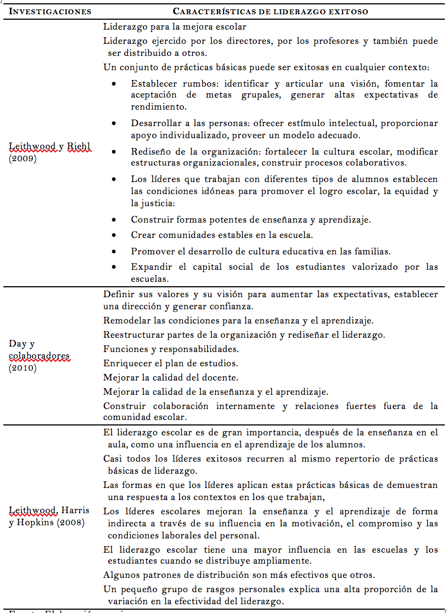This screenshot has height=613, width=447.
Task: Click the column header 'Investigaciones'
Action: point(50,12)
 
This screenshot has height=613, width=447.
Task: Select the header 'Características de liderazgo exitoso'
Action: point(270,12)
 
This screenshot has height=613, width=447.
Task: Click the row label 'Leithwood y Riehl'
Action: point(50,146)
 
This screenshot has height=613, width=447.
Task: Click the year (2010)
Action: point(23,368)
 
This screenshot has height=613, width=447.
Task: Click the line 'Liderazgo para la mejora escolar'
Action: point(175,26)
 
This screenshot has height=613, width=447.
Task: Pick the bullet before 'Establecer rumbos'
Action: point(114,84)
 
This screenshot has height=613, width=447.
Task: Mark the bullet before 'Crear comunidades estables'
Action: point(114,235)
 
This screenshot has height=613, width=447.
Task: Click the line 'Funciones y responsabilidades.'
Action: point(170,349)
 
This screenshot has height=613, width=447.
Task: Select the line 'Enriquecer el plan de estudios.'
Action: point(171,363)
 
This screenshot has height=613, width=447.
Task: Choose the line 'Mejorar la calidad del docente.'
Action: point(171,377)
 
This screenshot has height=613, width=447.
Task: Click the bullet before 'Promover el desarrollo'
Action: point(114,251)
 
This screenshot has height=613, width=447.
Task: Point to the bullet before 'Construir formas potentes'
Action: point(114,219)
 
